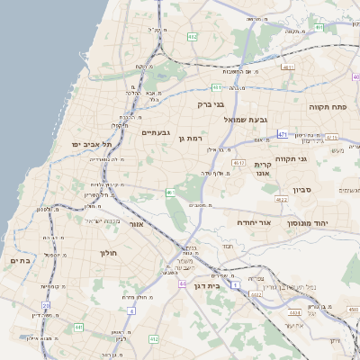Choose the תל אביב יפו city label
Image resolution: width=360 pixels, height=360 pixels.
point(94,144)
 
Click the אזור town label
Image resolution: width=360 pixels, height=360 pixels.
point(137,224)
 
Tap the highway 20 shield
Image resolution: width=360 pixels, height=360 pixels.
point(46,306)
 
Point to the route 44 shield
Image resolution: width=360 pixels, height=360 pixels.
point(183,283)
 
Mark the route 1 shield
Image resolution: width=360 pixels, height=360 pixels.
point(236,284)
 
